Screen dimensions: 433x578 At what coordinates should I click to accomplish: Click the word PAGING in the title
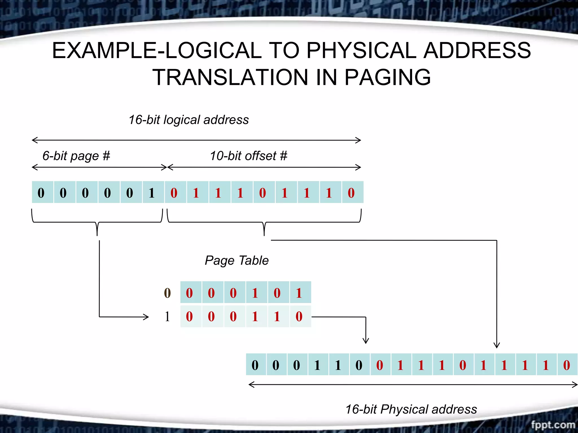click(x=388, y=77)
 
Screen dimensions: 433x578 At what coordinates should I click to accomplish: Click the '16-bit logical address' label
click(x=189, y=120)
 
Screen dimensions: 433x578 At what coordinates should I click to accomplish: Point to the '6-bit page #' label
click(x=76, y=156)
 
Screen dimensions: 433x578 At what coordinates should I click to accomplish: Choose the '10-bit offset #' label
click(x=248, y=156)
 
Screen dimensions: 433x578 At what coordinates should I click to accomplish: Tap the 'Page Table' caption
click(x=237, y=260)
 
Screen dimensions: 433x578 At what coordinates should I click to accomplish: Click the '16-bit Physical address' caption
click(x=411, y=409)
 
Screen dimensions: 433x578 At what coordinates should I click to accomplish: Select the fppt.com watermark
click(x=553, y=425)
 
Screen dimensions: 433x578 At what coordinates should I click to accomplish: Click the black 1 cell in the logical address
click(x=152, y=193)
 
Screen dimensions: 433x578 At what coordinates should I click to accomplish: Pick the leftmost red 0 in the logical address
click(x=174, y=193)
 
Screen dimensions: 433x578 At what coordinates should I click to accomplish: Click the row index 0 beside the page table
click(x=167, y=293)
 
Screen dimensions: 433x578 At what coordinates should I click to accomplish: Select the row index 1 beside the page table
click(x=167, y=317)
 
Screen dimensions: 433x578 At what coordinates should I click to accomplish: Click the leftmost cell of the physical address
click(x=255, y=365)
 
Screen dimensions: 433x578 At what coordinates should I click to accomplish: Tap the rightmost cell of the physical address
click(x=566, y=365)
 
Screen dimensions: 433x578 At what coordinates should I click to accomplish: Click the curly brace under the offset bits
click(x=264, y=223)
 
